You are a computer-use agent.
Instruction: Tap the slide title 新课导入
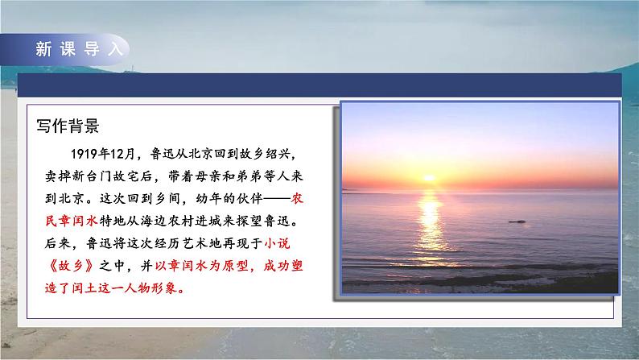click(80, 48)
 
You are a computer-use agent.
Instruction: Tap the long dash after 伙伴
click(266, 197)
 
